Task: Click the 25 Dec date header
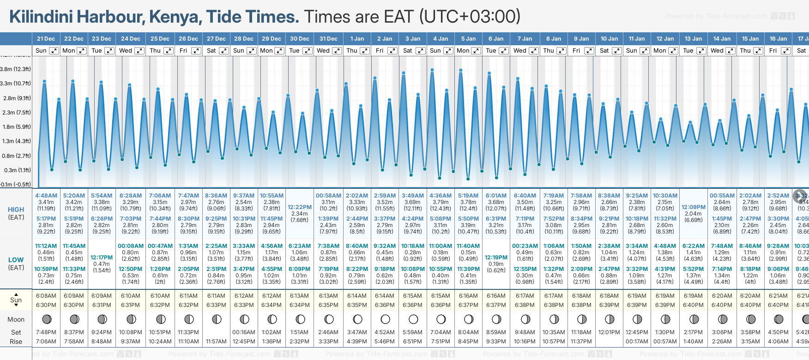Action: click(x=160, y=39)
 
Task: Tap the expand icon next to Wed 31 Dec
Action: click(x=337, y=51)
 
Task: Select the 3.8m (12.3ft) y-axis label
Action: click(x=15, y=69)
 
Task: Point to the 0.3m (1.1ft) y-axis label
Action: click(x=17, y=170)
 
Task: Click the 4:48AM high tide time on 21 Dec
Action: click(x=46, y=196)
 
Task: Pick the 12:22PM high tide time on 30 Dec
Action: click(x=299, y=207)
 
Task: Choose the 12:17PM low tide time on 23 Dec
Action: click(x=102, y=258)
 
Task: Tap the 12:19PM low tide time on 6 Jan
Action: click(x=496, y=258)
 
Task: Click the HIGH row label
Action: click(x=16, y=210)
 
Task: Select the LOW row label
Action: click(x=16, y=260)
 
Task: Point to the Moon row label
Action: click(x=16, y=319)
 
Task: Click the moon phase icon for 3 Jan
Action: click(x=413, y=319)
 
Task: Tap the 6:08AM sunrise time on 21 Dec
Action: click(x=46, y=296)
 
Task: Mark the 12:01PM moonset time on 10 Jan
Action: click(x=609, y=332)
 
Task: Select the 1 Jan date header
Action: click(x=357, y=39)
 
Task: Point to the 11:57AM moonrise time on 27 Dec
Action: click(x=216, y=342)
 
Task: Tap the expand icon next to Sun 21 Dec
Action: click(x=54, y=51)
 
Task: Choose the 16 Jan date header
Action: click(x=778, y=39)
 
